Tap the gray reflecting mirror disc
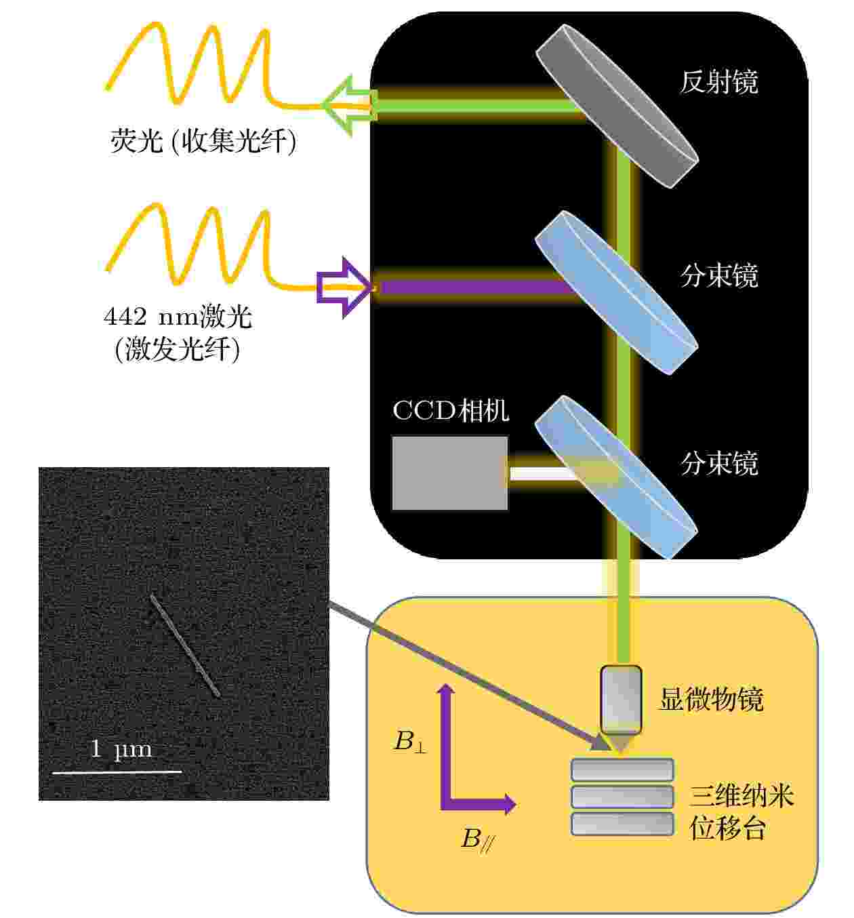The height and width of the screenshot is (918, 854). (x=617, y=106)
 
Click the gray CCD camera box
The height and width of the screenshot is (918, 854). (x=449, y=473)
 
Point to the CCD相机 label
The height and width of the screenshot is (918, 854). (x=451, y=410)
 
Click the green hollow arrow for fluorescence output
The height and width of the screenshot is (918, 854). (x=349, y=106)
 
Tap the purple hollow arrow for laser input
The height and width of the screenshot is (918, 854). (x=344, y=287)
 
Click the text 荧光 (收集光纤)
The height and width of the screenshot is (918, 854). (x=203, y=140)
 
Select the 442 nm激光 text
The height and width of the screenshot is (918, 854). (x=178, y=317)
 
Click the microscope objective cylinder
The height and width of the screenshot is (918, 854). (x=621, y=700)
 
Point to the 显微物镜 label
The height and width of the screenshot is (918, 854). (x=712, y=699)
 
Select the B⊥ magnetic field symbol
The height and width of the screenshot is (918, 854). (x=411, y=741)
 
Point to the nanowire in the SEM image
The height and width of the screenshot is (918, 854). (x=184, y=645)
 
